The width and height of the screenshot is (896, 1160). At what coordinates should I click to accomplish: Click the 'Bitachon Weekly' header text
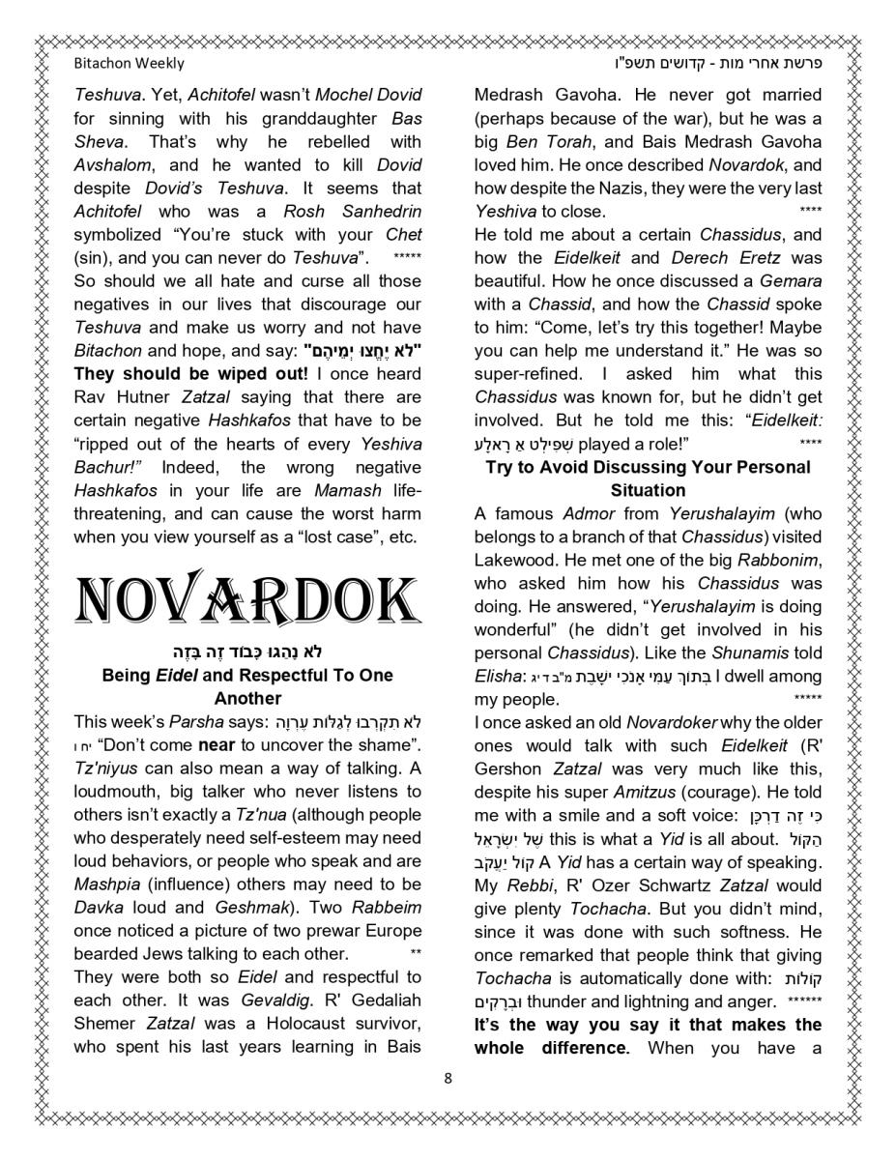(x=129, y=63)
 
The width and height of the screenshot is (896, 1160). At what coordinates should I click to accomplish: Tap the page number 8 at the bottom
(x=448, y=1078)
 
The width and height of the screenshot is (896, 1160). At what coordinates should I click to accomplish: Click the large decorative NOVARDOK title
(x=247, y=600)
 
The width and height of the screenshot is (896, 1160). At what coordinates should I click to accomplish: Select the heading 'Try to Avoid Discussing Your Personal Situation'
(x=648, y=478)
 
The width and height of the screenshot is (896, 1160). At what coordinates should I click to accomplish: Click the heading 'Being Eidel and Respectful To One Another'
(x=247, y=686)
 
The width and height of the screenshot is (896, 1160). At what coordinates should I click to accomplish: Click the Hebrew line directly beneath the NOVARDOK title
(x=247, y=651)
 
